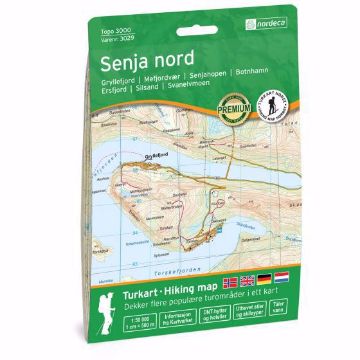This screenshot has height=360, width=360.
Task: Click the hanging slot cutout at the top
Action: (180, 12)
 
